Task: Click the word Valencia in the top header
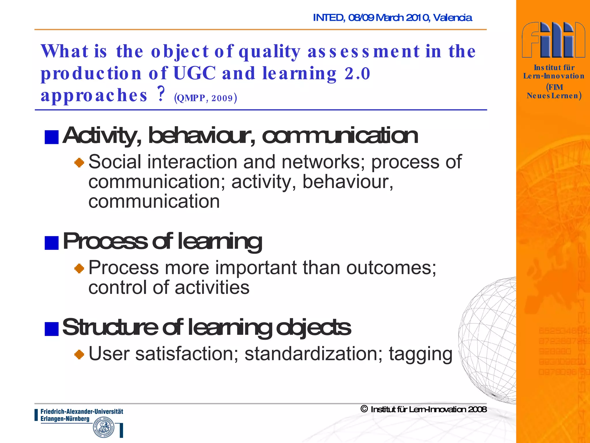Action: tap(452, 18)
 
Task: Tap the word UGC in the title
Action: tap(194, 73)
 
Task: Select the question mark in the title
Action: tap(161, 94)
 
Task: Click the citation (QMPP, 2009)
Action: tap(205, 98)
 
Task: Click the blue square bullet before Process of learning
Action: tap(52, 243)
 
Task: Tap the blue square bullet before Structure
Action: tap(52, 329)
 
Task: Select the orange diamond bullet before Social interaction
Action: tap(79, 163)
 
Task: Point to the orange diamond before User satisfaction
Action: tap(79, 354)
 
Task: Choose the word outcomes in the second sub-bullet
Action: tap(391, 268)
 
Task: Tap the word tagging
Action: tap(420, 354)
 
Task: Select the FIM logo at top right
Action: tap(553, 40)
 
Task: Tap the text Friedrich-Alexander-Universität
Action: tap(82, 412)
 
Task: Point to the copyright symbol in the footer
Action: tap(364, 409)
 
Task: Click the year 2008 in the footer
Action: tap(477, 409)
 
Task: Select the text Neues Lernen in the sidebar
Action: tap(553, 96)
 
